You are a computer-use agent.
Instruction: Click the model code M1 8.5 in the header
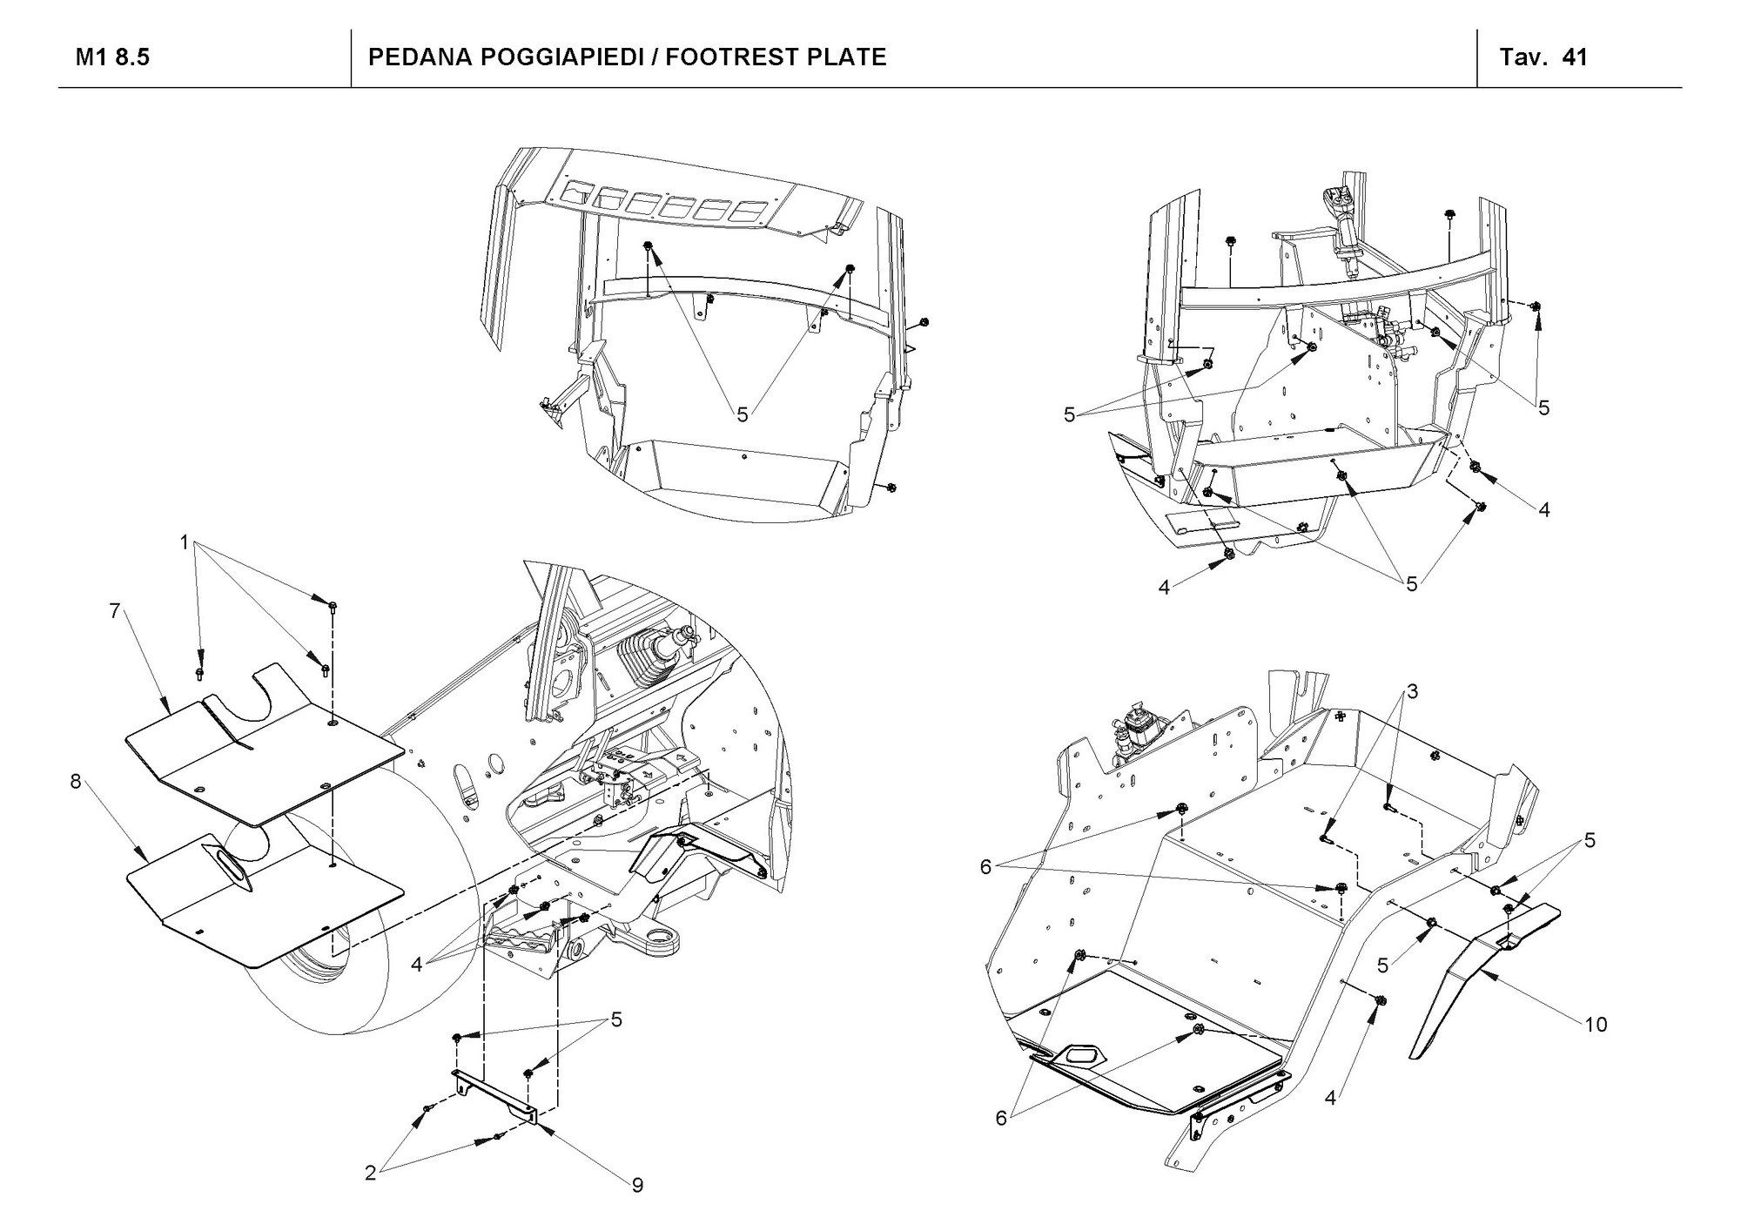click(x=112, y=57)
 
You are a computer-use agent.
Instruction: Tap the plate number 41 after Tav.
click(x=1575, y=57)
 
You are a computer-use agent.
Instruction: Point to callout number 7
click(x=114, y=610)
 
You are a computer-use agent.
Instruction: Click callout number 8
click(x=76, y=781)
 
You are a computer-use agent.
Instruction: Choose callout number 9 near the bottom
click(x=637, y=1185)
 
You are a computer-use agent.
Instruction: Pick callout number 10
click(x=1595, y=1025)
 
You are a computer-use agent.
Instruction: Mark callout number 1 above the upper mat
click(x=185, y=542)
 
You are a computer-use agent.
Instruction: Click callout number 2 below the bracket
click(x=370, y=1174)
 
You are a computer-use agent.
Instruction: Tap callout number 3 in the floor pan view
click(x=1412, y=691)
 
